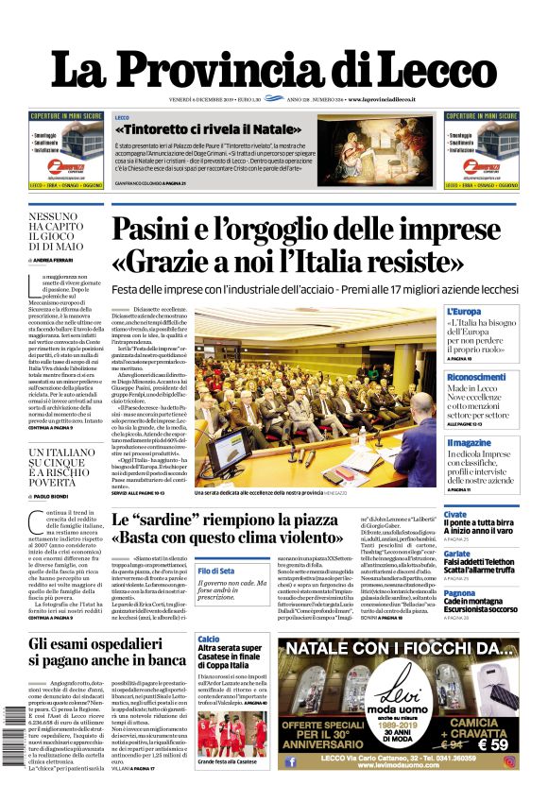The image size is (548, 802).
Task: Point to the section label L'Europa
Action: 464,311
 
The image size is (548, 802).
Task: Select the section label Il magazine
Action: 469,442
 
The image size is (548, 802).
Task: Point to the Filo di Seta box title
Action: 217,572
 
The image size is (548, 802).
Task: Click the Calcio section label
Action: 209,640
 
